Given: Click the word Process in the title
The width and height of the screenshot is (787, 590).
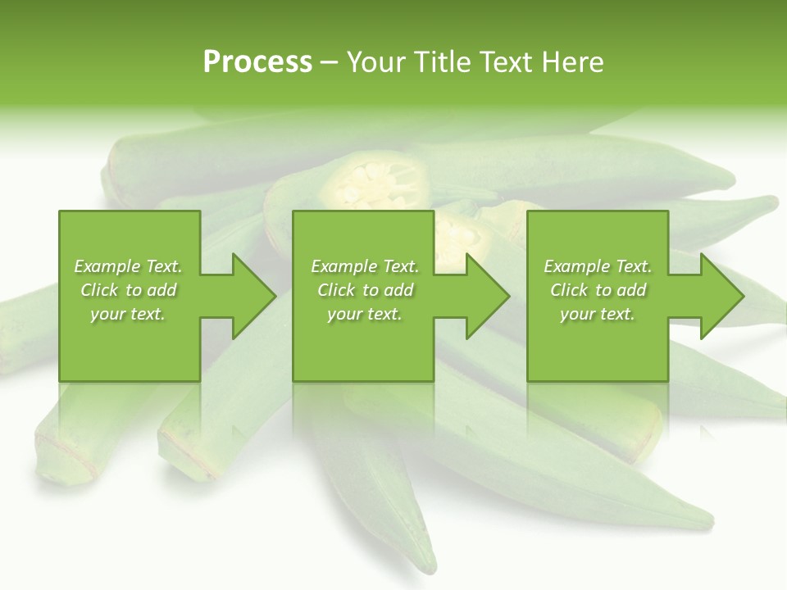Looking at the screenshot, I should (x=257, y=61).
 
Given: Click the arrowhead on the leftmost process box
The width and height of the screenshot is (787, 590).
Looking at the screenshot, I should (x=251, y=296).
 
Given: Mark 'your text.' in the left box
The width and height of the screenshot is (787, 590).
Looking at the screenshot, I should (x=128, y=314).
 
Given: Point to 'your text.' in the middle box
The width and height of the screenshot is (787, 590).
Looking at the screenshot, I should (x=365, y=314).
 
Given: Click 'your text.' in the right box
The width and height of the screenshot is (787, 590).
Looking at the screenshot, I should (x=598, y=314).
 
